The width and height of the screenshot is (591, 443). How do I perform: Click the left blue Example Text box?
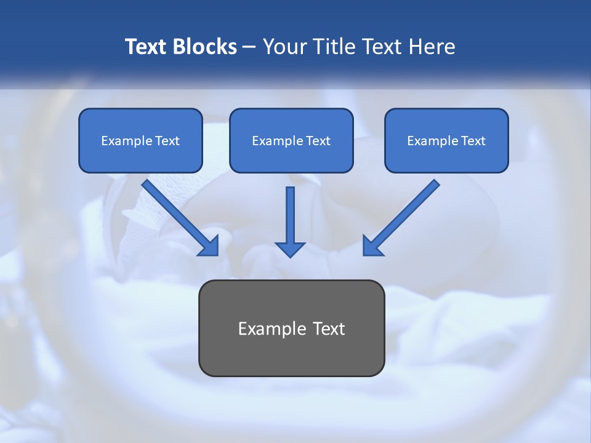[x=140, y=140]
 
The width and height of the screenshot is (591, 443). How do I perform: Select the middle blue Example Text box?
[x=291, y=140]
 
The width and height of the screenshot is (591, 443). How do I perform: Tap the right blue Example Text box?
[x=446, y=140]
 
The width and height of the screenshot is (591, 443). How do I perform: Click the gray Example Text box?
[x=291, y=328]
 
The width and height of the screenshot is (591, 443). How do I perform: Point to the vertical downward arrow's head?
[x=290, y=249]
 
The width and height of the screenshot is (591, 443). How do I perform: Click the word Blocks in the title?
[x=204, y=47]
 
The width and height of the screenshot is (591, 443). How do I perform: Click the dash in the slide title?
[x=250, y=47]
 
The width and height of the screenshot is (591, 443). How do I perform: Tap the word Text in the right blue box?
[x=473, y=141]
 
